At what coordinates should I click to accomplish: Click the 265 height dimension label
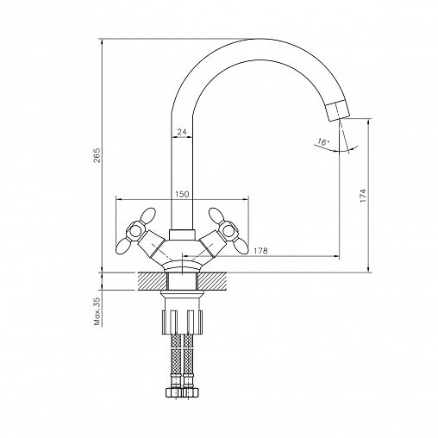point(97,155)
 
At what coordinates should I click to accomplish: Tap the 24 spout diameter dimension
point(182,132)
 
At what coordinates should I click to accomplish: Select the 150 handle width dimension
point(182,194)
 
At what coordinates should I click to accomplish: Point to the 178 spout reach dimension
point(260,251)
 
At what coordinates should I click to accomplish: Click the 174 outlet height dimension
point(363,196)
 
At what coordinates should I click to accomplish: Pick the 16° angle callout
point(323,142)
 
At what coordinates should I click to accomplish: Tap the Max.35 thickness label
point(97,311)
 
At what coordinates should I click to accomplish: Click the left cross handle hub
point(135,230)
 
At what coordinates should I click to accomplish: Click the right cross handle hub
point(228,230)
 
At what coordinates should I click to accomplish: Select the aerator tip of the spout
point(338,110)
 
